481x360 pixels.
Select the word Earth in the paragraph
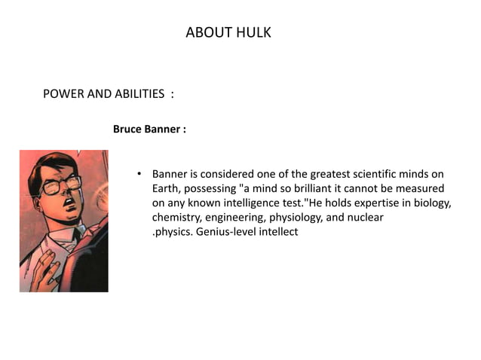164,188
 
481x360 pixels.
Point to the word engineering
240,217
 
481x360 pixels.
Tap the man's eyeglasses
60,183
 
